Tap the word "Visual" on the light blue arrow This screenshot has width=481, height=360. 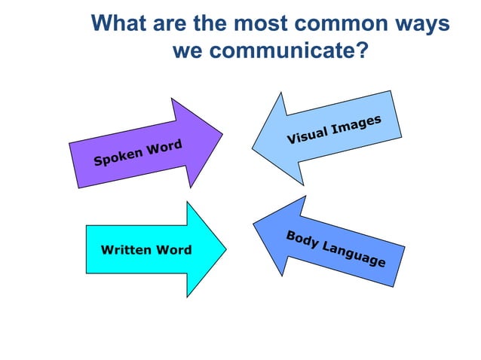[308, 134]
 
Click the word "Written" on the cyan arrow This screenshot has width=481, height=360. [125, 249]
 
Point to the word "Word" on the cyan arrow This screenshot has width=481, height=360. [173, 249]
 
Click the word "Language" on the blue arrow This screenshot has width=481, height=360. [354, 255]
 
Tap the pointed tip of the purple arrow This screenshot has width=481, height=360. [222, 135]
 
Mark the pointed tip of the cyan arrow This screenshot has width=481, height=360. [226, 249]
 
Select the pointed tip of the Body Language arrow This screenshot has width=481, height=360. [254, 222]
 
